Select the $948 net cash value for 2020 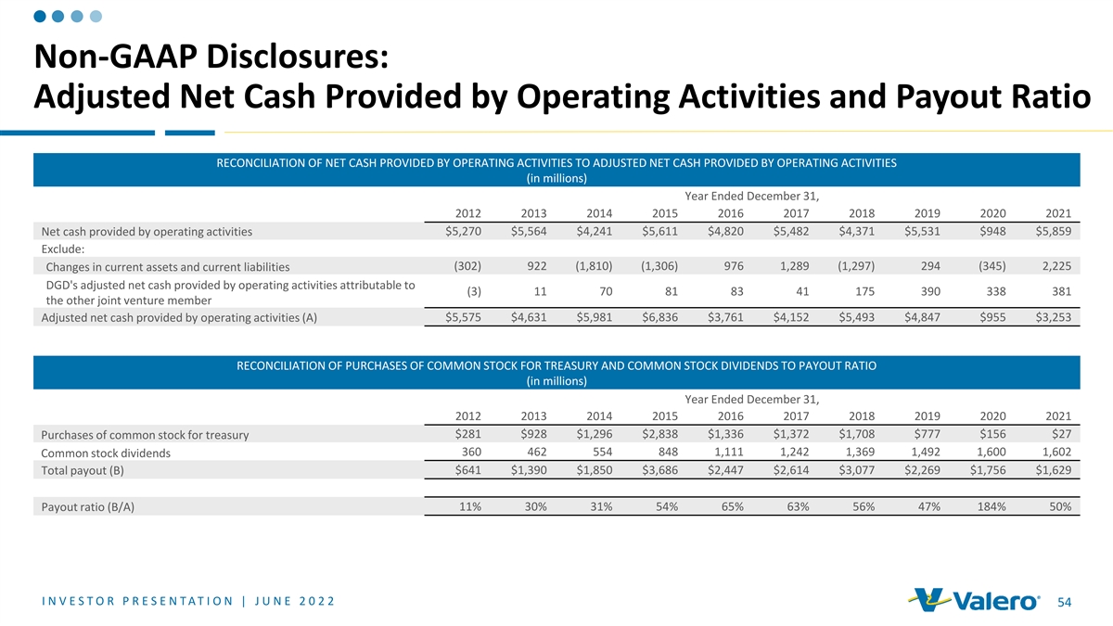tap(990, 231)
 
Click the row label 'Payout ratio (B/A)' tap(88, 506)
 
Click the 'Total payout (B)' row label tap(83, 470)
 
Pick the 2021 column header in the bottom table tap(1058, 415)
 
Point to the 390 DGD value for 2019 tap(928, 292)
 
